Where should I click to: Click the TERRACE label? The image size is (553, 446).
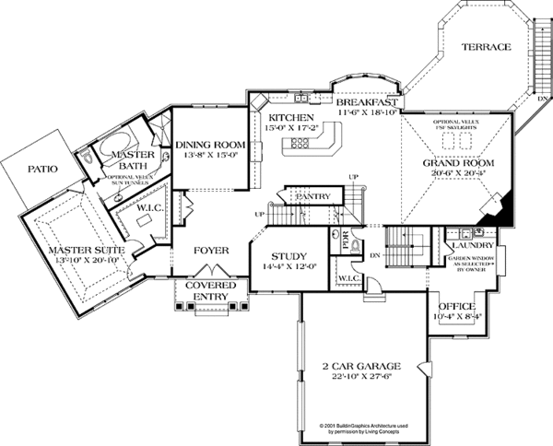486,46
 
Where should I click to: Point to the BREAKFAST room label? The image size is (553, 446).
366,101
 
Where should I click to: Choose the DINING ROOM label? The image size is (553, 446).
211,145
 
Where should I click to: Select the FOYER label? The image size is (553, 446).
210,250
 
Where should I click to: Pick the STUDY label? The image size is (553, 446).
288,257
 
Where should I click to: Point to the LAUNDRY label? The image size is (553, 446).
471,246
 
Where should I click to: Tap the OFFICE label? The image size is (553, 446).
455,306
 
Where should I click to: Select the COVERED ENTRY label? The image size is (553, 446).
210,291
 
